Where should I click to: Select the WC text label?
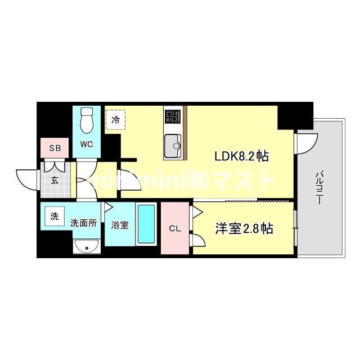[x=86, y=144]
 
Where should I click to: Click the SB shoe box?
[x=55, y=148]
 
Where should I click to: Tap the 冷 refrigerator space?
[x=115, y=119]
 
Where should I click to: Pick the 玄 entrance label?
[x=55, y=180]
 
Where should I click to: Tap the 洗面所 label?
[x=83, y=223]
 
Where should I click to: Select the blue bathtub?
[x=146, y=225]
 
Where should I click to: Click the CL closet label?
[x=174, y=229]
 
